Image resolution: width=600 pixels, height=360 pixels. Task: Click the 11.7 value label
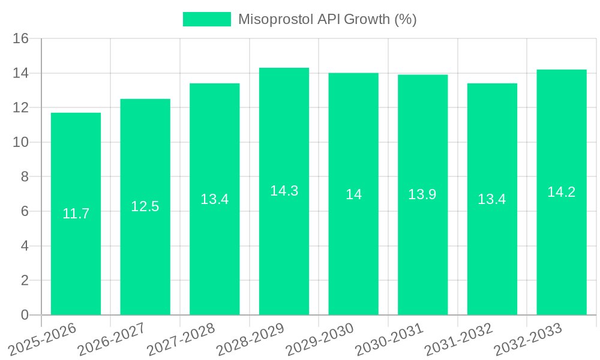tap(76, 214)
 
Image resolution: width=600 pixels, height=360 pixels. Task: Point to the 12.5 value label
tap(145, 206)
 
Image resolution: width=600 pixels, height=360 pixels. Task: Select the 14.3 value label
tap(284, 191)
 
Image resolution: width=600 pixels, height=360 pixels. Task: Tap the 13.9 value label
tap(422, 194)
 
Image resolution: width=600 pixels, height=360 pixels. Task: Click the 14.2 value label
tap(562, 192)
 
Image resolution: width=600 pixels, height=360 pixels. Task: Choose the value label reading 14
tap(353, 194)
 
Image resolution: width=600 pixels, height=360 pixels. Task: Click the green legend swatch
tap(206, 19)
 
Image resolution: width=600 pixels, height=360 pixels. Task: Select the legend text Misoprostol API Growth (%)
tap(327, 19)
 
